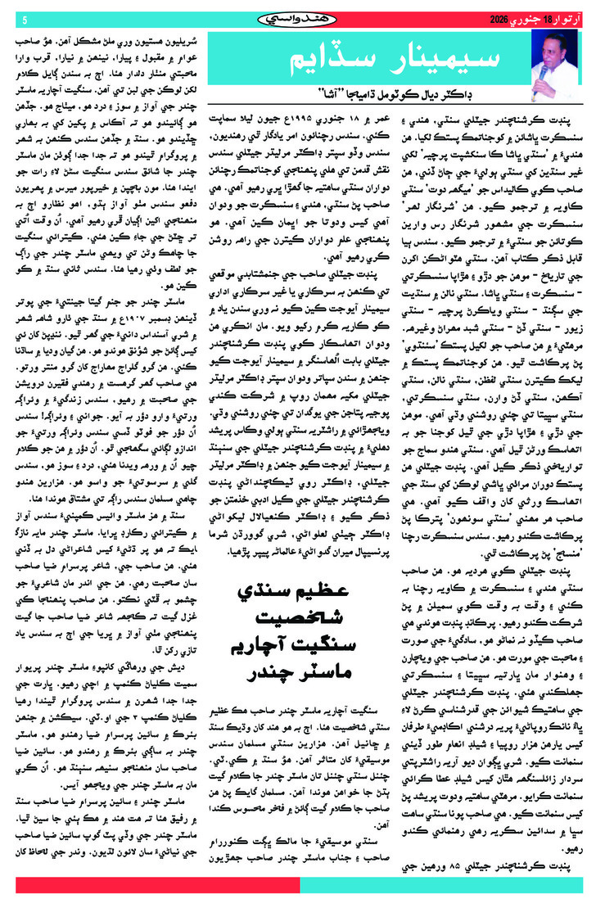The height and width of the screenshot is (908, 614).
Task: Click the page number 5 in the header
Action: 25,20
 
